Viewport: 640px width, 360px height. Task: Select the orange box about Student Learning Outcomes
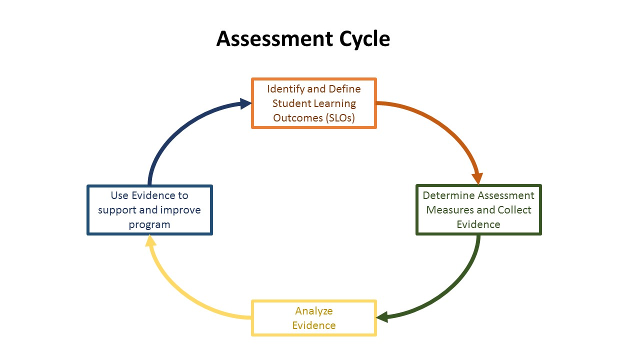point(313,103)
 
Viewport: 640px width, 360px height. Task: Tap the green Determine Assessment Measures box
point(478,209)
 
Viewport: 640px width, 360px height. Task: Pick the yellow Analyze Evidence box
point(313,318)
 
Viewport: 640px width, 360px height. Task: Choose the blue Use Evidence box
point(149,209)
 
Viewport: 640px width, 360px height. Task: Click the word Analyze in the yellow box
point(313,311)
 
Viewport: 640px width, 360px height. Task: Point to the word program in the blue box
point(149,224)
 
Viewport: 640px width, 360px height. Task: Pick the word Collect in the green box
point(514,210)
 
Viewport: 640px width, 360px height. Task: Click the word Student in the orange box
point(290,103)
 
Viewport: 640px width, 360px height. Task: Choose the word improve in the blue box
point(181,210)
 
